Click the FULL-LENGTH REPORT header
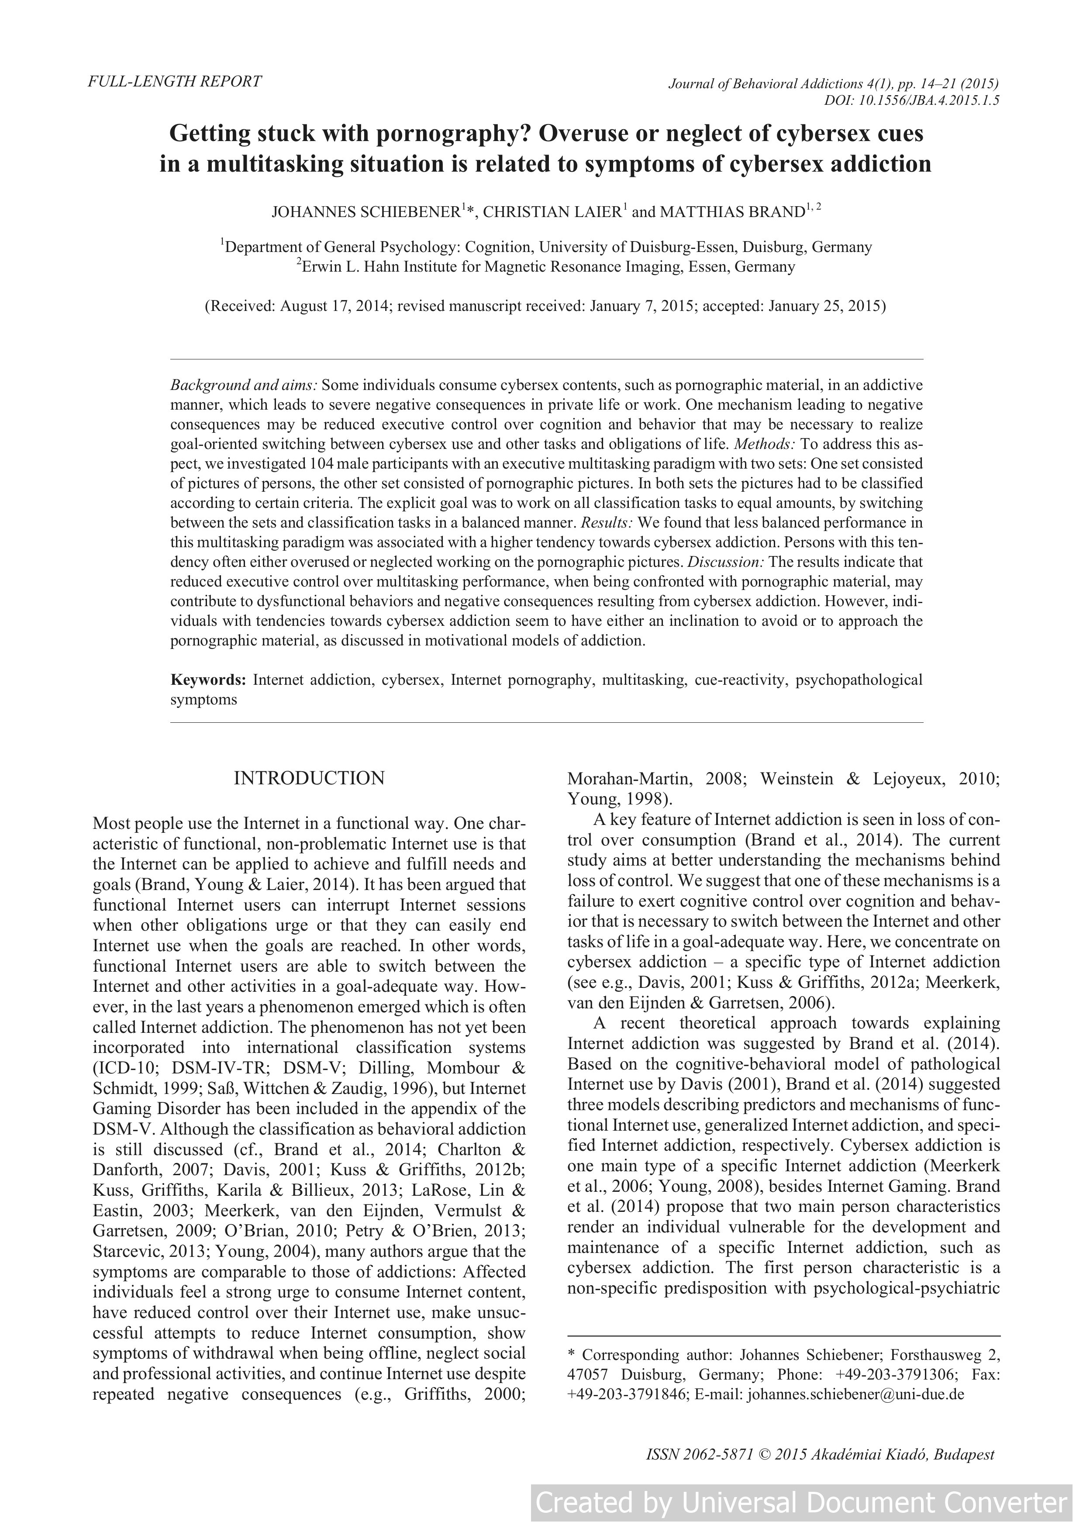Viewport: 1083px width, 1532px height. click(x=175, y=81)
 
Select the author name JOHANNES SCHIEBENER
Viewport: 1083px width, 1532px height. click(x=366, y=212)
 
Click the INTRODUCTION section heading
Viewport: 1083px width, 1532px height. click(x=309, y=778)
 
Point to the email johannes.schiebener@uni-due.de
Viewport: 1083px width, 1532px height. click(x=856, y=1394)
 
